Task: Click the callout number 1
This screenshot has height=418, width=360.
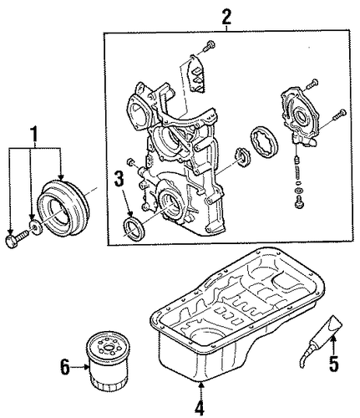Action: (x=34, y=135)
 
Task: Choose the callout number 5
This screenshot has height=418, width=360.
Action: (x=333, y=363)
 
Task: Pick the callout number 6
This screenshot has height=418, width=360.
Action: (x=64, y=367)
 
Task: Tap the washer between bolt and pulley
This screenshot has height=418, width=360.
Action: (x=35, y=227)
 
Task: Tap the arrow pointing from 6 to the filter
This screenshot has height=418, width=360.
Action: (x=80, y=367)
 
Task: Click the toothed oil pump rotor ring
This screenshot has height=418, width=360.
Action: (x=265, y=142)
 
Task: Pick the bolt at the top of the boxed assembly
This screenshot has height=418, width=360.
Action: (x=208, y=46)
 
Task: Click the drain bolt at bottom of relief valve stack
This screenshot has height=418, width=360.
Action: (x=298, y=202)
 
